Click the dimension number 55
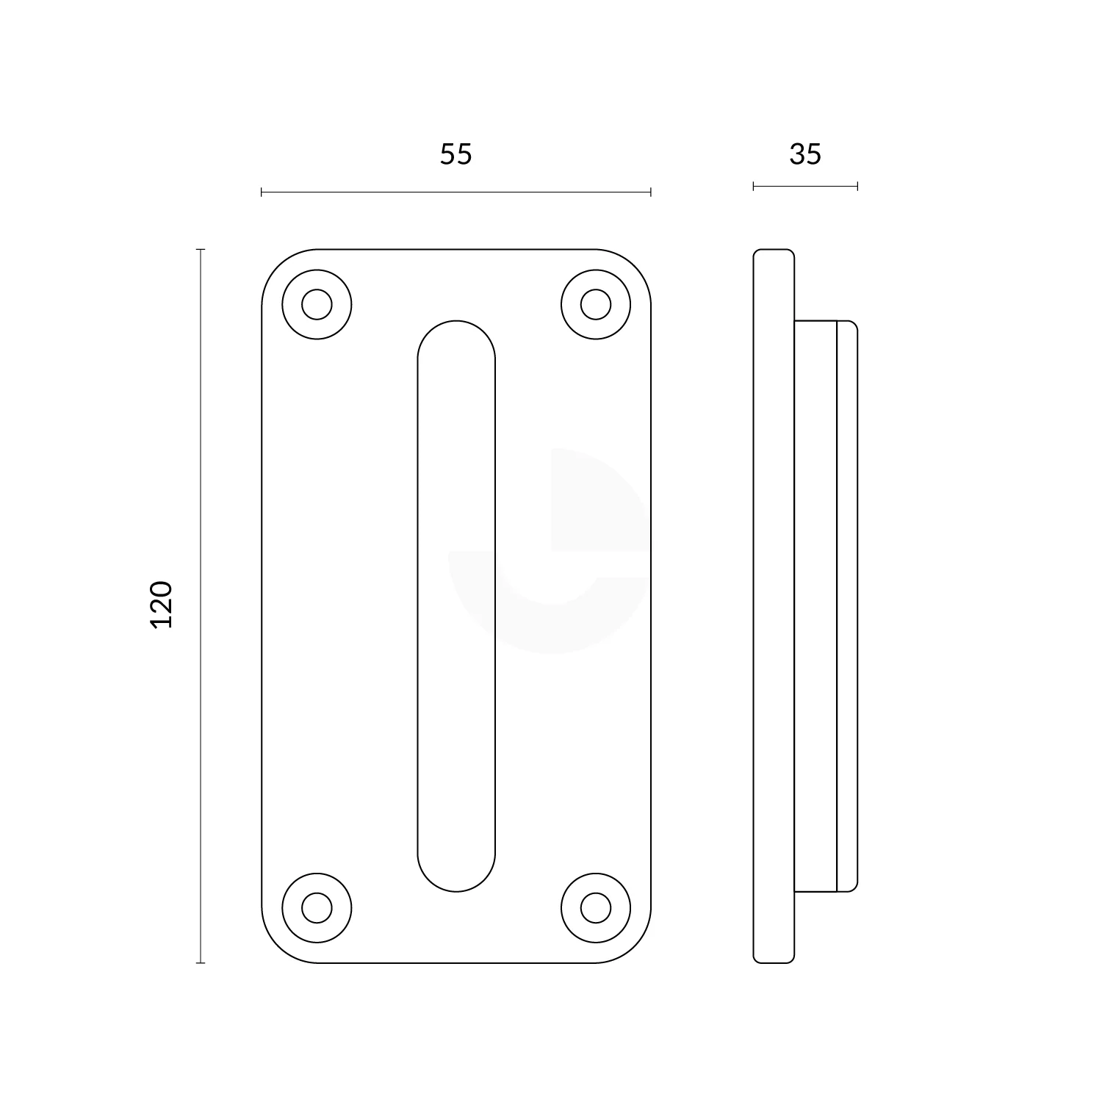pos(455,154)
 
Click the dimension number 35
pos(805,154)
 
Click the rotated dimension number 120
pos(161,604)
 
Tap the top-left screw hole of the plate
pos(317,304)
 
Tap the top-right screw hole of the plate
pos(595,304)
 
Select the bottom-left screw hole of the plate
pos(317,908)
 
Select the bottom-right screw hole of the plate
pos(595,908)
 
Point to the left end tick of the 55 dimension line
pos(262,192)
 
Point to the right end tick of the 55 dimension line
pos(651,192)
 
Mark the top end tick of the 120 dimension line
pos(200,250)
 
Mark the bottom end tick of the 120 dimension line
pos(200,962)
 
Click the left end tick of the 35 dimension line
pos(754,187)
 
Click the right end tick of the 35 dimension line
pos(857,187)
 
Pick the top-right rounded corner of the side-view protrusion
pos(853,325)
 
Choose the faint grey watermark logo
pos(551,551)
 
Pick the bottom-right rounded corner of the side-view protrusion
pos(853,887)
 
